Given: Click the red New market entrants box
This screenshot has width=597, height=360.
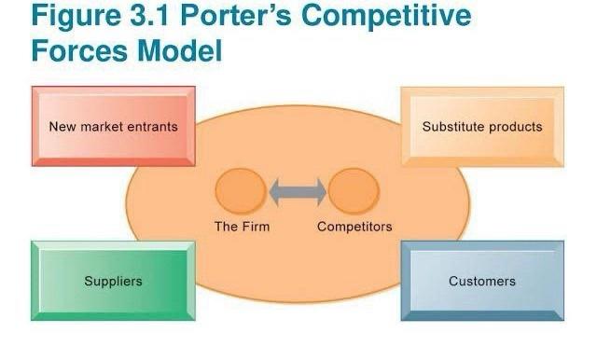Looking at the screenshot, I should tap(113, 126).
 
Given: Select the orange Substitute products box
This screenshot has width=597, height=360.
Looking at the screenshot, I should tap(482, 126).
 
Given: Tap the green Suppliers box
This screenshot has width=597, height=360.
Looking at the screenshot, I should tap(113, 281).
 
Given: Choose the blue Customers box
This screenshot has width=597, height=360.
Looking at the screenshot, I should tap(482, 281).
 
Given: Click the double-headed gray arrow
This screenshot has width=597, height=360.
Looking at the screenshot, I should tap(298, 192).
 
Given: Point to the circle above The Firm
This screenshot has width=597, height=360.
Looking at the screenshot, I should tap(241, 192).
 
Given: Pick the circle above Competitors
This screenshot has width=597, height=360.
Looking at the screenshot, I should tap(354, 192).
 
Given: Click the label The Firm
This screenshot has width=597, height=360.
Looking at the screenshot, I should tap(241, 227).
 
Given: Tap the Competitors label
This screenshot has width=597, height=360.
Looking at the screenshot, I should tap(354, 227).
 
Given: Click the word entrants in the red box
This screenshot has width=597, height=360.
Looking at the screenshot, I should tap(154, 127).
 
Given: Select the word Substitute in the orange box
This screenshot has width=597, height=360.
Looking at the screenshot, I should tap(453, 127).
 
